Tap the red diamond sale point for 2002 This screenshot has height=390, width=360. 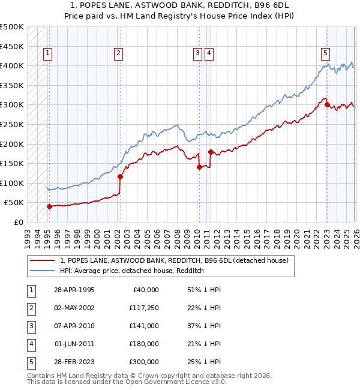[120, 176]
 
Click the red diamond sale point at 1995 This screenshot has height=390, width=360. [49, 206]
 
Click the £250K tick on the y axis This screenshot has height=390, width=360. [13, 124]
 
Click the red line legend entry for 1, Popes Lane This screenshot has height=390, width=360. [175, 260]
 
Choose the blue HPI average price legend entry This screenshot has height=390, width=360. [132, 271]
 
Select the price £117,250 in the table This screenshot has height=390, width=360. [143, 308]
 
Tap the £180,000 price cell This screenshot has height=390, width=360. [143, 344]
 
